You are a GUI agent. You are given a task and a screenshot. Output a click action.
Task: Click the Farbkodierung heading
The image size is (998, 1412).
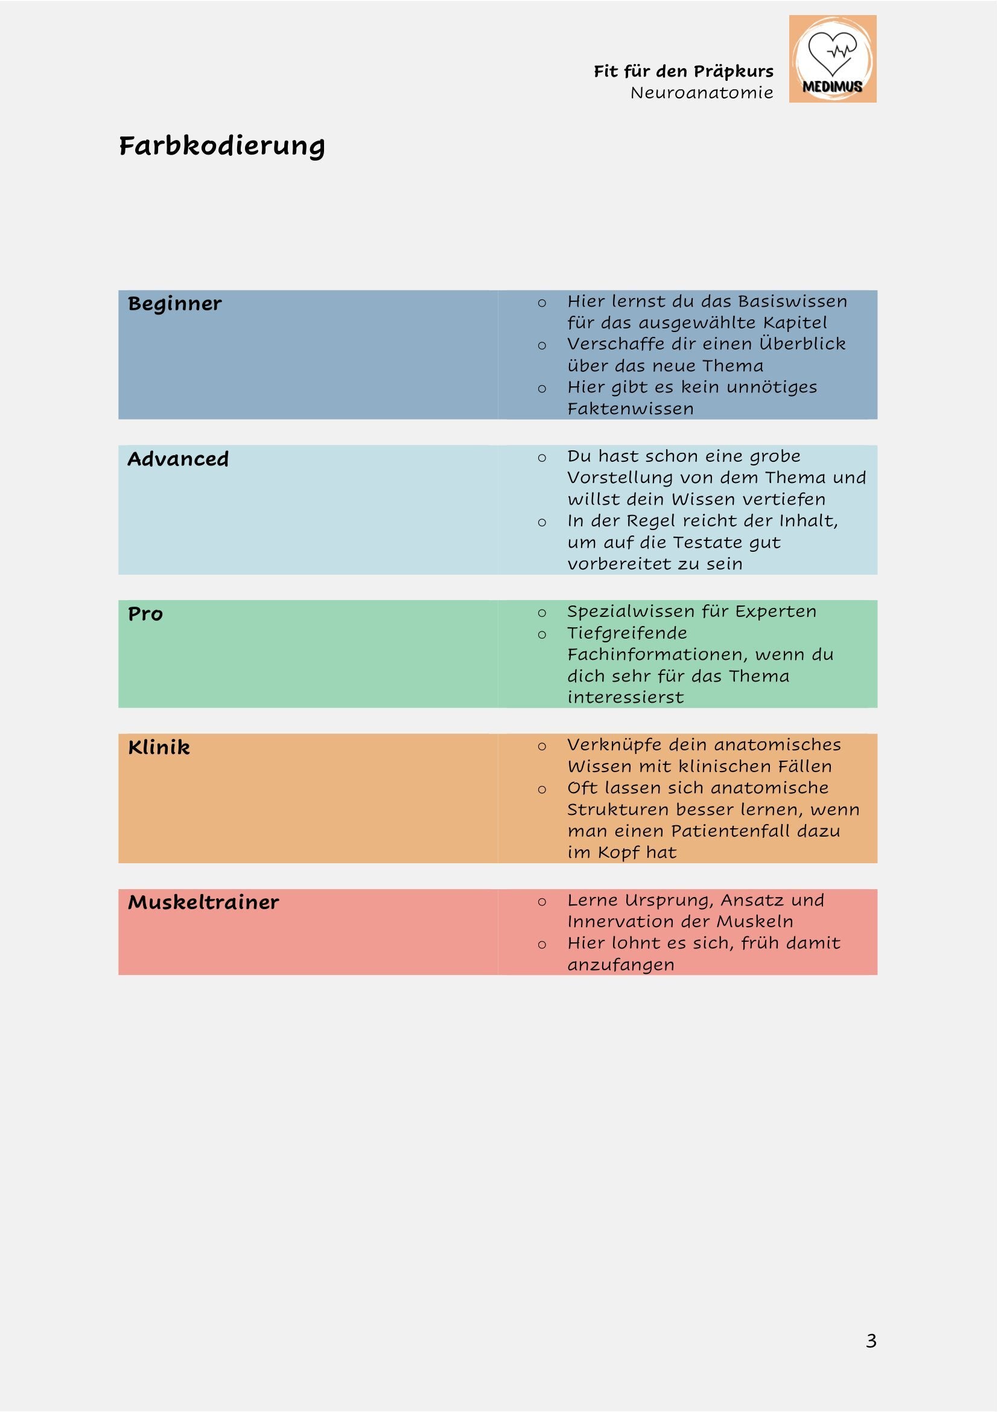tap(222, 146)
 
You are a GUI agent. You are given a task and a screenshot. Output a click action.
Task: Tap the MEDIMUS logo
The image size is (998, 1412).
tap(832, 59)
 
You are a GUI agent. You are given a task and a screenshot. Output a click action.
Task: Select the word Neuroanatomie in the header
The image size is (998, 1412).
tap(701, 93)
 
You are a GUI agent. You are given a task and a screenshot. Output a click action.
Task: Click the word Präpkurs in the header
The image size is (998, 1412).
tap(733, 71)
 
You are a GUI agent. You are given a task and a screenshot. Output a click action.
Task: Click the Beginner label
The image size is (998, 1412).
tap(174, 304)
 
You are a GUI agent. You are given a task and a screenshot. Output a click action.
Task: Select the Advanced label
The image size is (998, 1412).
tap(178, 459)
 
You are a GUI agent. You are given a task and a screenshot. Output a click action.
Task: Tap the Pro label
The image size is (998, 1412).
tap(145, 614)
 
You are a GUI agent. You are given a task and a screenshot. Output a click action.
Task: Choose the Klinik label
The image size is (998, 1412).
tap(159, 747)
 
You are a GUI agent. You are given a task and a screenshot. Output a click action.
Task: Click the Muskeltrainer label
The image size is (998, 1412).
tap(203, 902)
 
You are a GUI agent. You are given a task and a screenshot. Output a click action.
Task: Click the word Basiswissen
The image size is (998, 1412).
tap(792, 301)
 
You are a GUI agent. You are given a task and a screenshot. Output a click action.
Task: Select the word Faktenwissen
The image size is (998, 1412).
tap(630, 408)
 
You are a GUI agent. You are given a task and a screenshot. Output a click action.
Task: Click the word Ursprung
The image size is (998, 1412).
tap(669, 900)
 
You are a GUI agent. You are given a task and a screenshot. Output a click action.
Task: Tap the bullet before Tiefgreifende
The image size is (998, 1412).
tap(541, 634)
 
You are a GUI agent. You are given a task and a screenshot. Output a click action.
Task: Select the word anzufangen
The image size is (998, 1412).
tap(620, 964)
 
